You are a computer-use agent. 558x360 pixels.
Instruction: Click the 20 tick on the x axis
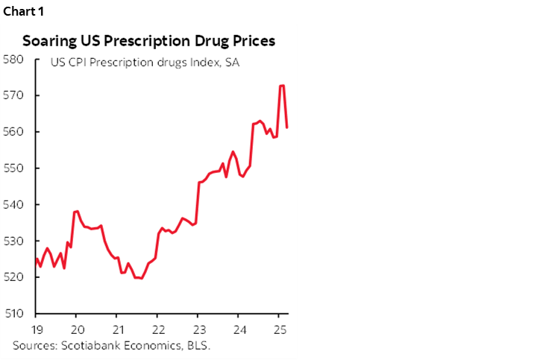[77, 329]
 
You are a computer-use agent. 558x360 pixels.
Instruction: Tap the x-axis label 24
[238, 329]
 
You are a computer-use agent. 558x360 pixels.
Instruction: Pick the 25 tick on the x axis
[278, 329]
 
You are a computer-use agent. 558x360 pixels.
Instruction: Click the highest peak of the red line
[281, 86]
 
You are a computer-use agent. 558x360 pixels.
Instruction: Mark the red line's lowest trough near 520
[139, 278]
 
